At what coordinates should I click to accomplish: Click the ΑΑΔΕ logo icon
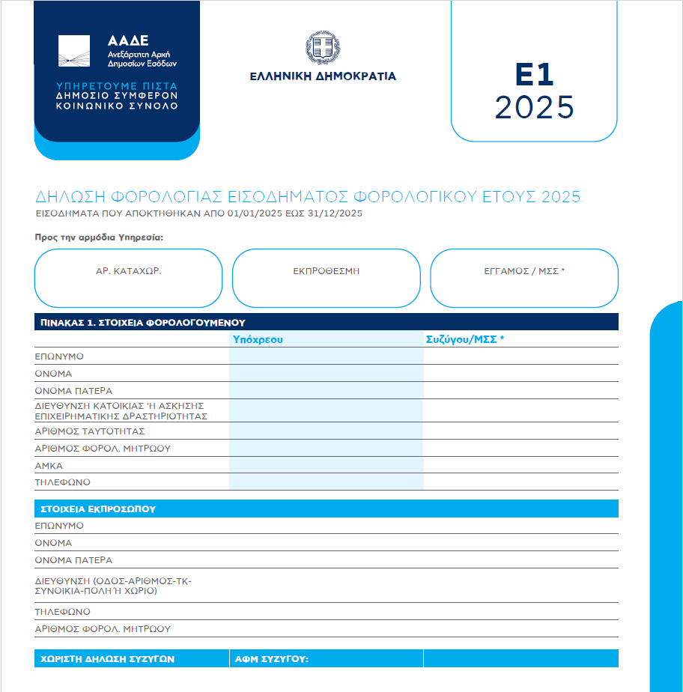click(74, 51)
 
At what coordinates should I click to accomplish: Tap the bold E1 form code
click(534, 76)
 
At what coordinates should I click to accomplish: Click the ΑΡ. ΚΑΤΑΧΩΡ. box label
click(128, 271)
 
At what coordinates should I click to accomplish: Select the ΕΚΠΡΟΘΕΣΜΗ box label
click(326, 271)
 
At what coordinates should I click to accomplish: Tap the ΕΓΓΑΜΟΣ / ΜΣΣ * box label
click(524, 271)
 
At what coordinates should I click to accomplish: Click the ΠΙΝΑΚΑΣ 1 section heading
click(141, 323)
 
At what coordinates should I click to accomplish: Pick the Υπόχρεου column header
click(258, 339)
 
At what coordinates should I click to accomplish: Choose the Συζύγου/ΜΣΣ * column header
click(465, 339)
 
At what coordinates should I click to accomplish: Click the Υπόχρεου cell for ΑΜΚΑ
click(327, 465)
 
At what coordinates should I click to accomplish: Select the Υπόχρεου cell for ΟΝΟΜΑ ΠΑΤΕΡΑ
click(327, 390)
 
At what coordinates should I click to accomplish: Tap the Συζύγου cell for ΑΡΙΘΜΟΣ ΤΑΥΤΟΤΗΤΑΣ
click(520, 431)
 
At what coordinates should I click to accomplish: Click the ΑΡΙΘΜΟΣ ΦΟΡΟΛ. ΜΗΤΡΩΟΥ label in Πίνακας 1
click(103, 449)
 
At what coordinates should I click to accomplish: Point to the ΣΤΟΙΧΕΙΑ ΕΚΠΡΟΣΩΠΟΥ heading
click(98, 509)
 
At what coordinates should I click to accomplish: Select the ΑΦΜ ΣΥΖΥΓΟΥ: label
click(272, 659)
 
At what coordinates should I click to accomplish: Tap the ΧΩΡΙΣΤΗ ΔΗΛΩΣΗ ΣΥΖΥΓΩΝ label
click(107, 659)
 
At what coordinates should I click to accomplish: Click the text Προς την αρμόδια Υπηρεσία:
click(98, 237)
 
